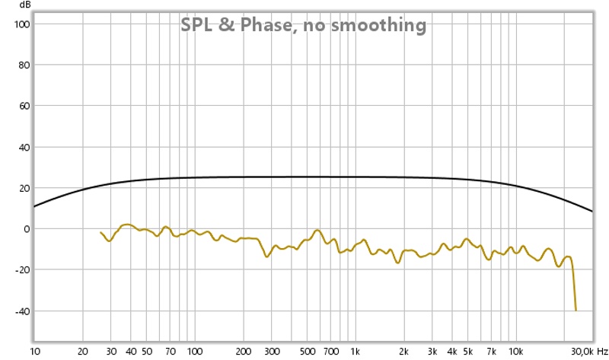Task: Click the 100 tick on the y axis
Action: coord(21,24)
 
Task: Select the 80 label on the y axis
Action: coord(23,65)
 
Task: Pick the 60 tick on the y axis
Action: coord(23,107)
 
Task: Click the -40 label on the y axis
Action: coord(21,311)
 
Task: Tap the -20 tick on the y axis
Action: coord(21,270)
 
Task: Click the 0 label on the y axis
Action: coord(26,229)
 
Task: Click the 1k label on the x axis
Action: coord(355,352)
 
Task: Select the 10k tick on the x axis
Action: coord(515,352)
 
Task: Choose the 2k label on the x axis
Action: coord(403,352)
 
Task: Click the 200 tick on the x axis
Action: coord(243,352)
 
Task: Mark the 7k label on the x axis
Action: coord(491,352)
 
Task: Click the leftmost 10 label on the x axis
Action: coord(35,352)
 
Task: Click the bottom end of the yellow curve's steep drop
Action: coord(576,310)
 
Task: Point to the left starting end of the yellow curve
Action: coord(100,232)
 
